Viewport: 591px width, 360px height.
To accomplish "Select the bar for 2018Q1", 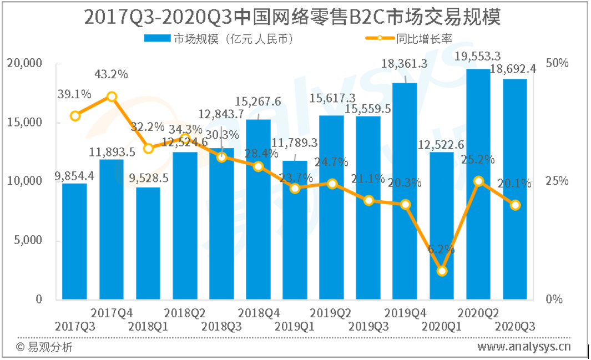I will click(148, 244).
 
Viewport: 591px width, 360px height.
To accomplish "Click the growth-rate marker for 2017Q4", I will click(112, 97).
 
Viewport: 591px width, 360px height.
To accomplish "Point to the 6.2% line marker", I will click(442, 271).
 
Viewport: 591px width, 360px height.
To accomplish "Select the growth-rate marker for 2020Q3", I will click(516, 205).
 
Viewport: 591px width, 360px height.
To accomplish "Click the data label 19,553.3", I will click(478, 56).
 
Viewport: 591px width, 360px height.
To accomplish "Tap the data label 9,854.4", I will click(74, 176).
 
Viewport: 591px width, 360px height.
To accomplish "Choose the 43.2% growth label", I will click(111, 74).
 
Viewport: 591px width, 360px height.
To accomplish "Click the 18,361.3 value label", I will click(405, 64).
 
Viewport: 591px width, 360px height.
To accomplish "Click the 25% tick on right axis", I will click(557, 181).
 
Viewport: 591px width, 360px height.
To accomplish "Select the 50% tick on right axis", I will click(557, 63).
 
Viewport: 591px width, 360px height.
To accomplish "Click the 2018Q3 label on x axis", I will click(221, 326).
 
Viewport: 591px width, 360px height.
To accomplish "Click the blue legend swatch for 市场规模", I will click(157, 39).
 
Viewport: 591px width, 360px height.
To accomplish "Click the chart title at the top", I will click(292, 17).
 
